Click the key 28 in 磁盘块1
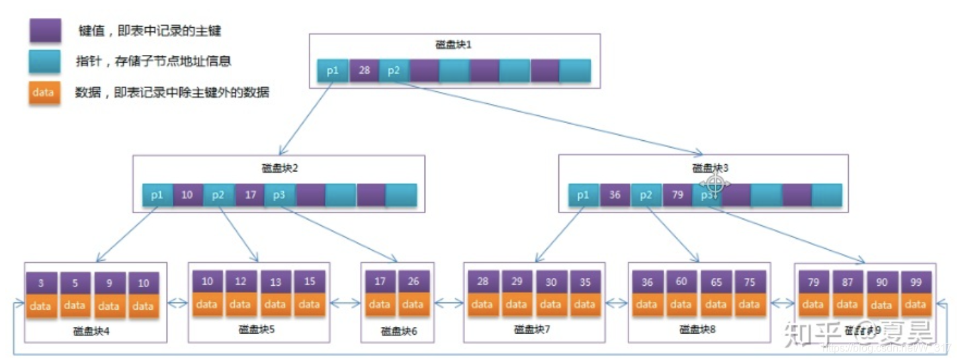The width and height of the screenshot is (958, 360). [x=364, y=71]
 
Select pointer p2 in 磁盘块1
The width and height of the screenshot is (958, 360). [x=394, y=71]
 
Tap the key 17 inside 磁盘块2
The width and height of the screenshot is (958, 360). [x=250, y=195]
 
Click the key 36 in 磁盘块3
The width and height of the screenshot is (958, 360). [x=615, y=195]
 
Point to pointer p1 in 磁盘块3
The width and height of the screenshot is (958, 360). [x=584, y=195]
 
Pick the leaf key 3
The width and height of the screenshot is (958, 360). [x=41, y=283]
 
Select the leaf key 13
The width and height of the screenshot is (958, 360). [x=275, y=281]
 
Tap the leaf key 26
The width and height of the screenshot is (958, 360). [x=414, y=281]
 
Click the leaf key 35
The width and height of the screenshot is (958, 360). [x=584, y=281]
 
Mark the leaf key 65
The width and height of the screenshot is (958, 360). [x=716, y=281]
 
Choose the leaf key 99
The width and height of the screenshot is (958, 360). [x=915, y=282]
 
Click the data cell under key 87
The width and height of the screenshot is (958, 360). [x=848, y=304]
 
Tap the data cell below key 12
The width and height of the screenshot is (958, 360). [x=241, y=304]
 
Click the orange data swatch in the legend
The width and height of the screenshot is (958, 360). [x=44, y=93]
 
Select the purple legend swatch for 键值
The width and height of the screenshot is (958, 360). [x=44, y=30]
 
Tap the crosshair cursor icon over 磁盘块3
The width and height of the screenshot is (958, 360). [x=713, y=184]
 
